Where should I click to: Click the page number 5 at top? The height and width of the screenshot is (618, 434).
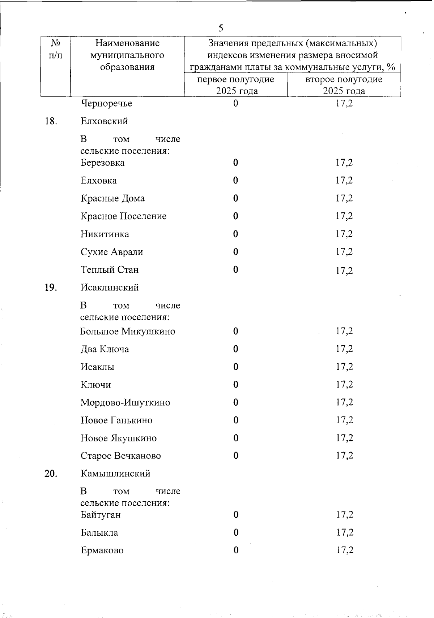click(x=221, y=28)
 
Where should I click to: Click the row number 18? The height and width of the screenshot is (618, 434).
click(x=51, y=121)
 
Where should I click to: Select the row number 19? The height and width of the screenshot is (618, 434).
click(x=51, y=288)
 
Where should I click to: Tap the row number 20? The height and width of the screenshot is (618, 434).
click(x=51, y=474)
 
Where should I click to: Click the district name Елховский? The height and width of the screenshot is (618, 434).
click(x=104, y=121)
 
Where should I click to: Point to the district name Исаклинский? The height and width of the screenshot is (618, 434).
click(x=110, y=288)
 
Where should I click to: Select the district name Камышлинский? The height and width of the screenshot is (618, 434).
click(x=115, y=474)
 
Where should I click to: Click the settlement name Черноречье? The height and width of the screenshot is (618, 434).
click(x=106, y=104)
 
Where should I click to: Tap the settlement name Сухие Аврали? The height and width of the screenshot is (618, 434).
click(x=112, y=252)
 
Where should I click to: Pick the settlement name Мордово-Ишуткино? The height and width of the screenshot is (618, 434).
click(x=125, y=402)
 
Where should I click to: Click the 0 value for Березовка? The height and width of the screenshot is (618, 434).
click(x=235, y=163)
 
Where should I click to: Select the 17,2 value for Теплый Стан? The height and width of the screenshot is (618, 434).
click(x=344, y=271)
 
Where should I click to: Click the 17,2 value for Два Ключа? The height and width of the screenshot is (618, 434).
click(x=344, y=349)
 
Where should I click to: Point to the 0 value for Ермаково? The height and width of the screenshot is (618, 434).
click(x=236, y=550)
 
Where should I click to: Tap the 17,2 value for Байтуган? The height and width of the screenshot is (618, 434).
click(x=344, y=515)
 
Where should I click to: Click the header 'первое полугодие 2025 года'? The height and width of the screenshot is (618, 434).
click(x=235, y=85)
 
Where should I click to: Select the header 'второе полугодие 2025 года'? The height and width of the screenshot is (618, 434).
click(x=344, y=85)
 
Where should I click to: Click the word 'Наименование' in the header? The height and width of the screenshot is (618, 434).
click(x=127, y=43)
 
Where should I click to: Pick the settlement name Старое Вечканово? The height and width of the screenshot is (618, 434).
click(x=121, y=456)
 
